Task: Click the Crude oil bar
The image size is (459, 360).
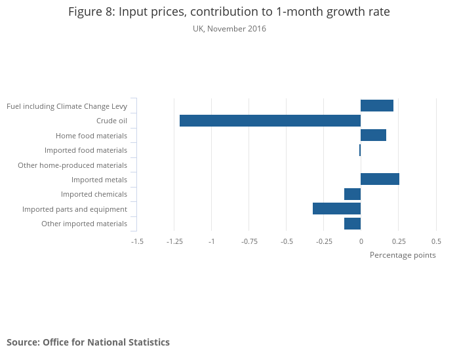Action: point(269,121)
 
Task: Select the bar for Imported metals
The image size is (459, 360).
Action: point(380,179)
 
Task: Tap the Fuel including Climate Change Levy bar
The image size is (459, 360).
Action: point(377,106)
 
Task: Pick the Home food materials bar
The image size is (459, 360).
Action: point(373,135)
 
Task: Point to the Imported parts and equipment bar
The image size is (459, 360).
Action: point(336,209)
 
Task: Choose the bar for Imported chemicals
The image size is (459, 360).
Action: point(352,194)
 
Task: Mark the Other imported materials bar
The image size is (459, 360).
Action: point(352,224)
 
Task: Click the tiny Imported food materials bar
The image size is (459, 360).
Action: point(360,150)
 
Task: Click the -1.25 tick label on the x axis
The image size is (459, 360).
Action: point(174,241)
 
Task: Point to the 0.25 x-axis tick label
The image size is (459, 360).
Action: point(398,241)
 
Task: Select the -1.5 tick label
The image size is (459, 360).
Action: point(137,241)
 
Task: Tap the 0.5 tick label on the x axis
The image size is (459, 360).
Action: point(436,241)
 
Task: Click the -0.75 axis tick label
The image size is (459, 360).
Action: point(249,241)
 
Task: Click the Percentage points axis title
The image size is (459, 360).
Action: point(403,255)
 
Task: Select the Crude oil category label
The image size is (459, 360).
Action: point(111,121)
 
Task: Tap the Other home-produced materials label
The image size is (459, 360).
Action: point(72,165)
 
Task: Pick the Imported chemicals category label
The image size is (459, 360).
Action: point(94,194)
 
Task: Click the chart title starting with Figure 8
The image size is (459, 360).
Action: point(229,12)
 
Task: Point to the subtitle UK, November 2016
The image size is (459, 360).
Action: point(229,29)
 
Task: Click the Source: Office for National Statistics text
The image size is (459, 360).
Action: point(88,342)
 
